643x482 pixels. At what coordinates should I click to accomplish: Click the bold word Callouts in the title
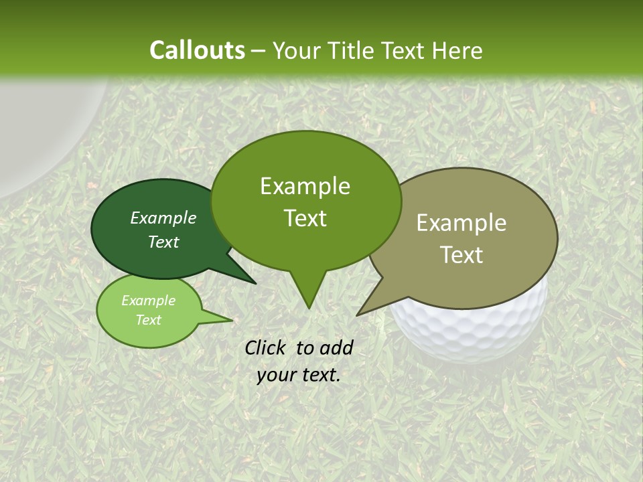[x=197, y=50]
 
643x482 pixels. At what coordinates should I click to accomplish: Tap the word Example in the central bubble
[x=305, y=186]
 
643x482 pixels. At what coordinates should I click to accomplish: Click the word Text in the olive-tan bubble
[x=461, y=255]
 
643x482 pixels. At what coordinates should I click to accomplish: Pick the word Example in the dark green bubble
[x=163, y=218]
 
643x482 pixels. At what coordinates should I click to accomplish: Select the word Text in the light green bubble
[x=149, y=320]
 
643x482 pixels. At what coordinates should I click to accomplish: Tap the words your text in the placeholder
[x=299, y=375]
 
